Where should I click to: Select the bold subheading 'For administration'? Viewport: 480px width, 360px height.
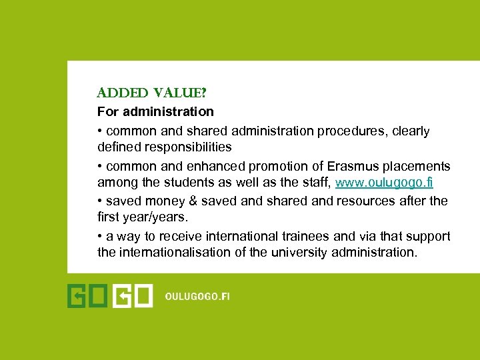155,111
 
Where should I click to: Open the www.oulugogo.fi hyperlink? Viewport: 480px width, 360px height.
384,183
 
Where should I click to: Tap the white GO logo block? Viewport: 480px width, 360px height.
133,296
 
